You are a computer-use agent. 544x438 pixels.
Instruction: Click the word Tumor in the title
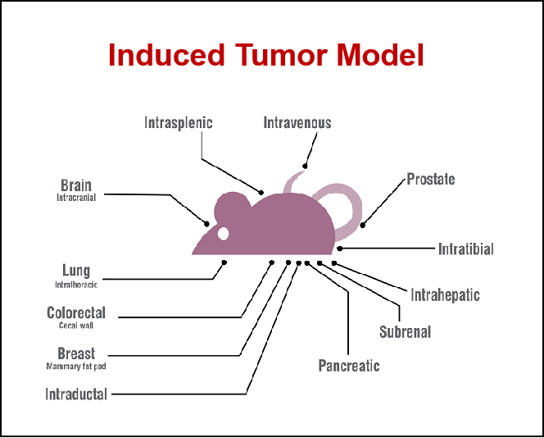tap(281, 55)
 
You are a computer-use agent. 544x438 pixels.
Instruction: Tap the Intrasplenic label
tap(179, 123)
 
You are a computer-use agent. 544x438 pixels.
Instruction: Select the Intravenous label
tap(297, 122)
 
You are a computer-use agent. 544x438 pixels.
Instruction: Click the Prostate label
tap(431, 179)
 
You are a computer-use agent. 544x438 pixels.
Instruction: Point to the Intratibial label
tap(465, 249)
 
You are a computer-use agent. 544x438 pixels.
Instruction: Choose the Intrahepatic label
tap(445, 295)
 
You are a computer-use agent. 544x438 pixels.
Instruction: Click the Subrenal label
tap(406, 331)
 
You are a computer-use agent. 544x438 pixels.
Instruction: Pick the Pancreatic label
tap(349, 365)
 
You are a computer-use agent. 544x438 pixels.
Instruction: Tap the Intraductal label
tap(76, 395)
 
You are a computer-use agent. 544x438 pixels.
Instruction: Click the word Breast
tap(76, 354)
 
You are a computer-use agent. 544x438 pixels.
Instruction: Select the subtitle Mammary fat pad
tap(76, 366)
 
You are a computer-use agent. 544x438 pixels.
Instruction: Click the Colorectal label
tap(76, 313)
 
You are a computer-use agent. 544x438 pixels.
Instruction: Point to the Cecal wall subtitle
tap(76, 326)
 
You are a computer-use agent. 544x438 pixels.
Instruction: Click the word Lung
tap(76, 270)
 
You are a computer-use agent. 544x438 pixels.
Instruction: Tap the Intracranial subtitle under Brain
tap(76, 198)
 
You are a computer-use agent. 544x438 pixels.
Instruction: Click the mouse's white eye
tap(223, 234)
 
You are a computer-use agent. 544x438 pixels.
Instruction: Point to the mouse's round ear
tap(232, 208)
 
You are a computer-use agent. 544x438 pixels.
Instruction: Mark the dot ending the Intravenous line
tap(305, 166)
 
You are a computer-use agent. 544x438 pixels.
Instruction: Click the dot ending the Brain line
tap(206, 224)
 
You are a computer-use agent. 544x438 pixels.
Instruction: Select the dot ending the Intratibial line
tap(340, 249)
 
